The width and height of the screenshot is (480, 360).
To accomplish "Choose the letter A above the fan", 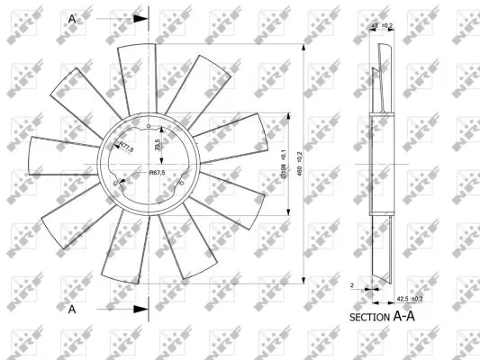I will (x=71, y=16).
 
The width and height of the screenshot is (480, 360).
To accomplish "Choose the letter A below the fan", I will (x=71, y=309).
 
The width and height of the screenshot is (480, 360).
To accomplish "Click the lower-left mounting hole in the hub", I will (x=117, y=184).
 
